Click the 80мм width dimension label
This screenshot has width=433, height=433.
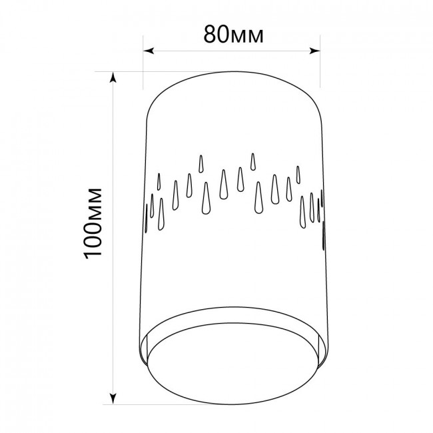pyautogui.click(x=233, y=35)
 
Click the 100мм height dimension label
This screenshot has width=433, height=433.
pyautogui.click(x=93, y=223)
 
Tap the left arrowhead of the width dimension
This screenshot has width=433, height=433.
pyautogui.click(x=149, y=51)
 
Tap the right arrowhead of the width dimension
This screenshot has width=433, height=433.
pyautogui.click(x=314, y=51)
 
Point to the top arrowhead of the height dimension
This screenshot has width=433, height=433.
pyautogui.click(x=113, y=77)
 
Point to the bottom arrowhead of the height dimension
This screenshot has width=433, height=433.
pyautogui.click(x=113, y=398)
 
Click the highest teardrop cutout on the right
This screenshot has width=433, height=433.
pyautogui.click(x=252, y=162)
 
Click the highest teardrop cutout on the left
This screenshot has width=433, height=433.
pyautogui.click(x=201, y=164)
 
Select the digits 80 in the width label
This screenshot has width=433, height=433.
pyautogui.click(x=215, y=35)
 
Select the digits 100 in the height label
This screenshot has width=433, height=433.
pyautogui.click(x=93, y=239)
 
